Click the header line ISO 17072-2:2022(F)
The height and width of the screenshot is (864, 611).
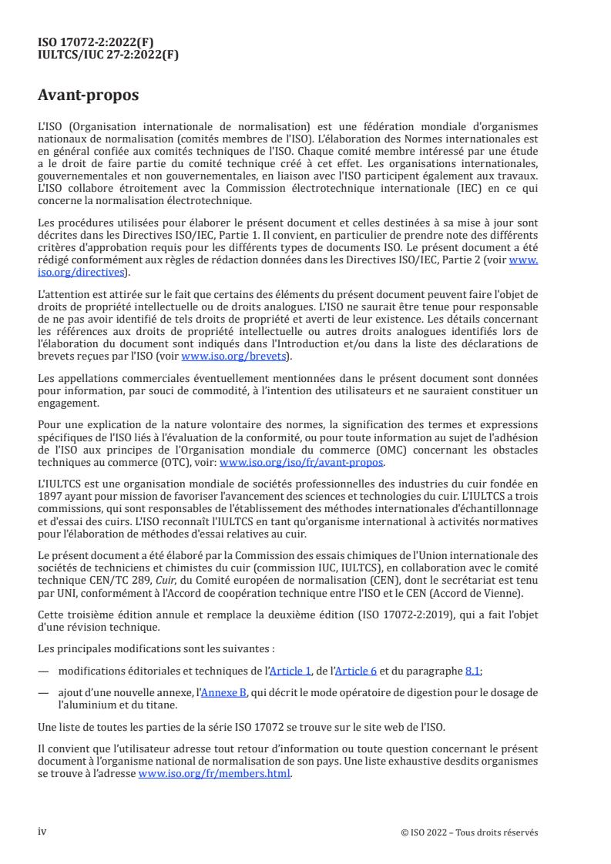click(96, 42)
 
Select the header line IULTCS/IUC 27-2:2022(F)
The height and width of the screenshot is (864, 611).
click(109, 54)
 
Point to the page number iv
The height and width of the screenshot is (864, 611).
click(42, 832)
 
